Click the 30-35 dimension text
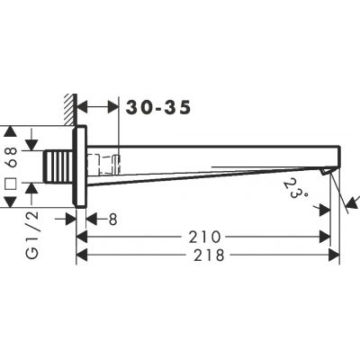pos(159,108)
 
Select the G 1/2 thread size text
pos(12,237)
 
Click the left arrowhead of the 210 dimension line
pos(81,237)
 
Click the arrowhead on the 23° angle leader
pos(321,208)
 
